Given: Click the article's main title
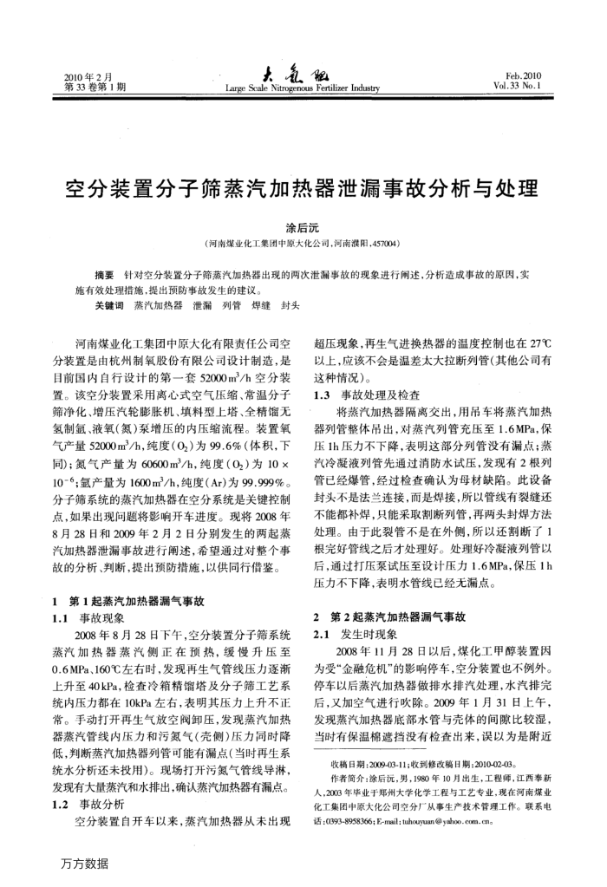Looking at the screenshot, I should point(303,188).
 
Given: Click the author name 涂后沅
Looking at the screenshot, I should point(303,226).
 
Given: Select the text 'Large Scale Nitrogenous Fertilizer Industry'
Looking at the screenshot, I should point(303,88).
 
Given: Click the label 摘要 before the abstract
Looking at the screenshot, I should point(104,274).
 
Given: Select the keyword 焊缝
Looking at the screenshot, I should point(258,306).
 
